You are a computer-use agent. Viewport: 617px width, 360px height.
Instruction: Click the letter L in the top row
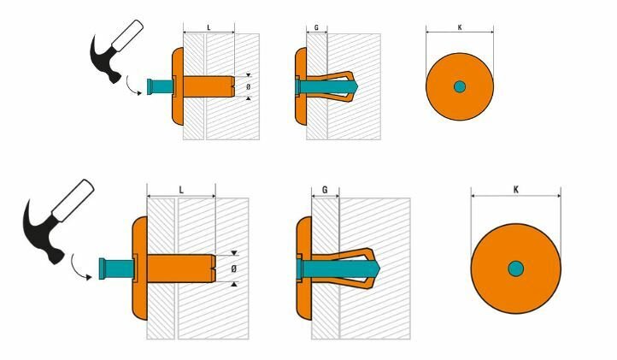(209, 27)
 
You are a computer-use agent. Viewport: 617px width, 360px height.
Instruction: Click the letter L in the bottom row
(181, 190)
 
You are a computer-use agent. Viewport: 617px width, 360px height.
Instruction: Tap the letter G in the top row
(316, 28)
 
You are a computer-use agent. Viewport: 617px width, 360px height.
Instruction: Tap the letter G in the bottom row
(325, 190)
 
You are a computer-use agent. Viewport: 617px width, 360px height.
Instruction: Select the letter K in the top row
(460, 27)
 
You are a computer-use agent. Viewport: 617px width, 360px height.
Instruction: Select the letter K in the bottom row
(516, 190)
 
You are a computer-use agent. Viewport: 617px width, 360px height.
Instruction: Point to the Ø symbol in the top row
(248, 86)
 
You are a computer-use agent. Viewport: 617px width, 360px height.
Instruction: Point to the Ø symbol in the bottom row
(234, 269)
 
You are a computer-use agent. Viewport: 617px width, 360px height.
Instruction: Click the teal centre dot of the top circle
(460, 86)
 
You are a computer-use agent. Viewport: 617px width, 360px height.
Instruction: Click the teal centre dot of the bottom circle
(515, 269)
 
